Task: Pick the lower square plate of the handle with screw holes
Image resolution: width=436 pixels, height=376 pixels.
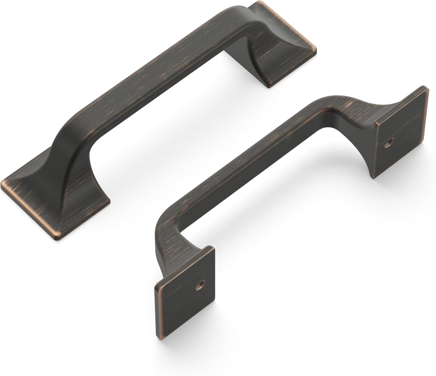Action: [x=186, y=294]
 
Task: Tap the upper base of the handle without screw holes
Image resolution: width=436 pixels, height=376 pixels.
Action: [x=279, y=49]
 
